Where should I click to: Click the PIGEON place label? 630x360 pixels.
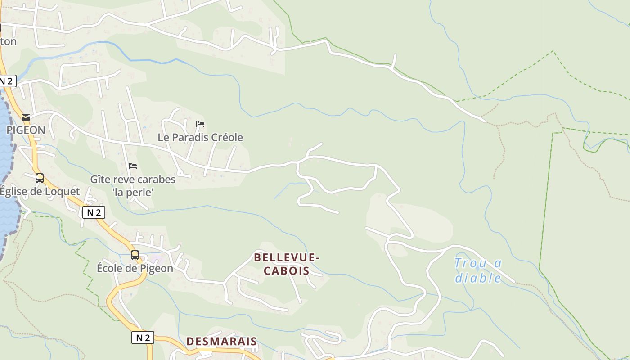(x=26, y=130)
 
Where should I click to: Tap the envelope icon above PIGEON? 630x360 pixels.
(x=26, y=117)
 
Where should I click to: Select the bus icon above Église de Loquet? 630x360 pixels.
(x=40, y=178)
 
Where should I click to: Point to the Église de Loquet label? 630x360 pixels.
(x=40, y=191)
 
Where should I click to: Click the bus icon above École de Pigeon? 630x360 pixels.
(x=135, y=255)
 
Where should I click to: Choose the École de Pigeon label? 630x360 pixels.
(x=135, y=268)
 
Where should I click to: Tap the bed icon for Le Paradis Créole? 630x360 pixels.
(x=200, y=124)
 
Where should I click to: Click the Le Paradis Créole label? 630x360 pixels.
(x=200, y=137)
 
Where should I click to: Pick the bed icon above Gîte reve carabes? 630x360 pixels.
(x=132, y=166)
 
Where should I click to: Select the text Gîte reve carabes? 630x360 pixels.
(x=133, y=179)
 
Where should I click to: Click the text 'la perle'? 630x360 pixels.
(x=133, y=192)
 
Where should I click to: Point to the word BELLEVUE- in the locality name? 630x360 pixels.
(x=287, y=257)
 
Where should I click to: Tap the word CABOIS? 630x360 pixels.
(x=287, y=270)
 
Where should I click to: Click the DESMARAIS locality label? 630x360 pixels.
(x=221, y=341)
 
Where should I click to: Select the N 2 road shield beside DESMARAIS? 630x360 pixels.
(x=143, y=337)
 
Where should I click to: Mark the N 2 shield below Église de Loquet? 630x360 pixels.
(x=94, y=212)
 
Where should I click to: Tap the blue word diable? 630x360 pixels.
(x=478, y=278)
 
